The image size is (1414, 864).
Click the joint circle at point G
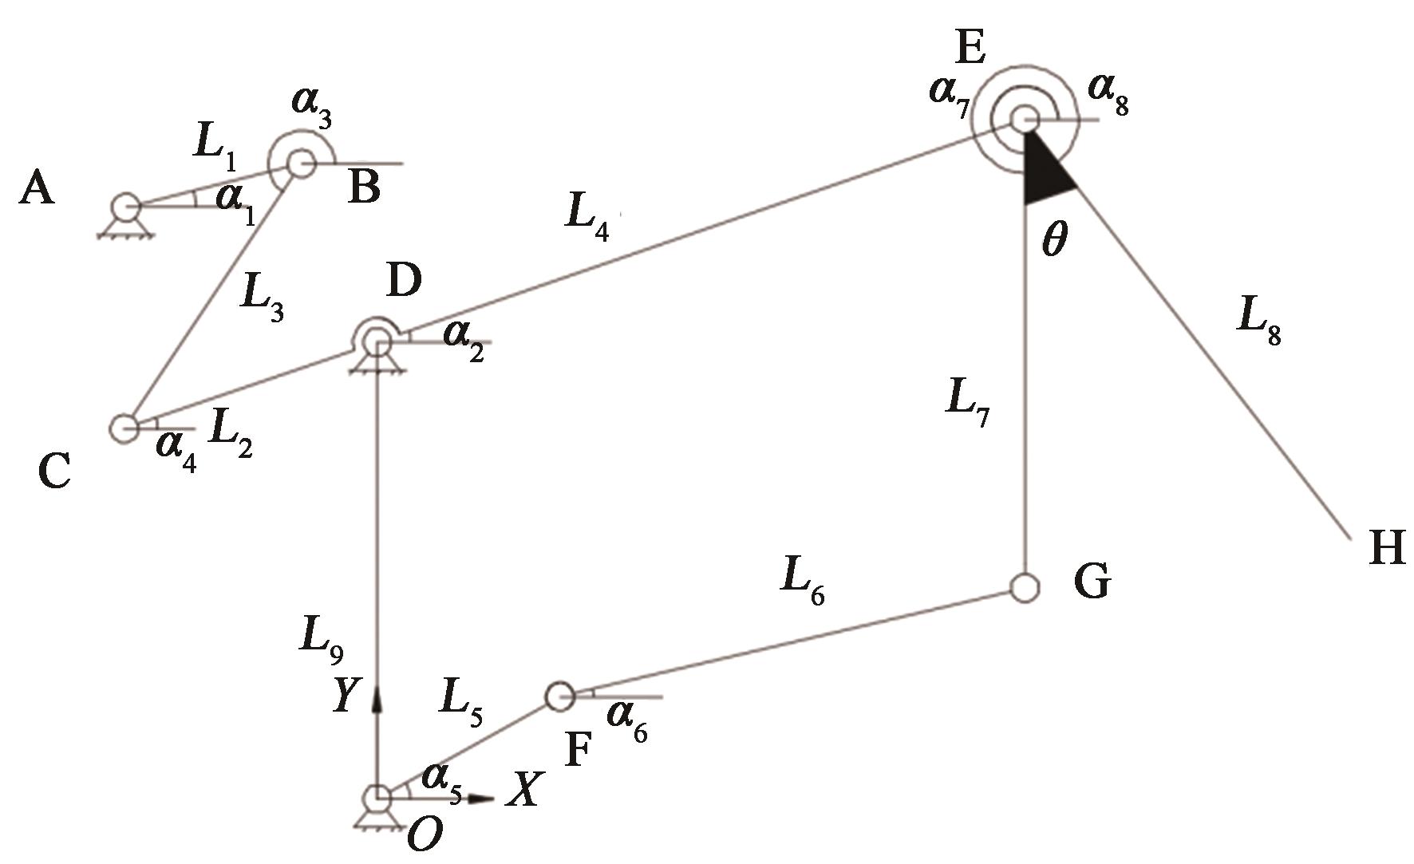point(1024,587)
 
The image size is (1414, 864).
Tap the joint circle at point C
point(124,428)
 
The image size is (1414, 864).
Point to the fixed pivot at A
point(125,209)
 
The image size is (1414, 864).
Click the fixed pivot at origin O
point(377,797)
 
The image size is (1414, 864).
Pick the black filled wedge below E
point(1044,172)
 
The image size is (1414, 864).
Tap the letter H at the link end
point(1387,549)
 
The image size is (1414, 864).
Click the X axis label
point(525,790)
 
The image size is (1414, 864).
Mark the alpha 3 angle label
point(309,111)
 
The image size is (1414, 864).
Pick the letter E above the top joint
point(970,47)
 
